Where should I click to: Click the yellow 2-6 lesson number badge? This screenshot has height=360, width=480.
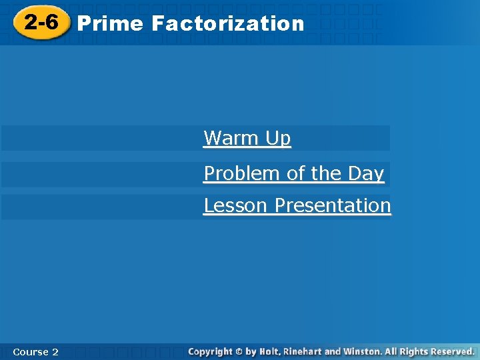coord(42,23)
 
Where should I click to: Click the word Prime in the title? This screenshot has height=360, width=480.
coord(110,23)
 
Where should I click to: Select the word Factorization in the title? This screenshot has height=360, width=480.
coord(227,23)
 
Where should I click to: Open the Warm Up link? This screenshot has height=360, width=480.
coord(247,138)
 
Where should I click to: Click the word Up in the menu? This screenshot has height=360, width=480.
coord(278,139)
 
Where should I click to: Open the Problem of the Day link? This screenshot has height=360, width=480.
coord(294,173)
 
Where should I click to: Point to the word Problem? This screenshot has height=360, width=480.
coord(243,173)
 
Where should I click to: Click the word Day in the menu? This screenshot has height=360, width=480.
coord(366,173)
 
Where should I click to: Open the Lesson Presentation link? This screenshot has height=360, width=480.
coord(297,205)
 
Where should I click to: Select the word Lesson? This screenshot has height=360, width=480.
coord(237,205)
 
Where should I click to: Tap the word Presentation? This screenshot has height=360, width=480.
coord(333,205)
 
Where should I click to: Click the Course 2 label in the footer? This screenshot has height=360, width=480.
coord(35,351)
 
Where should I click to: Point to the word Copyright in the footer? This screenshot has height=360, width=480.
coord(210,351)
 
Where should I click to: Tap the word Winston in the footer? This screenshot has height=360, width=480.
coord(372,351)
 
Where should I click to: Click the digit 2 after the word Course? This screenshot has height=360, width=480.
coord(55,351)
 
